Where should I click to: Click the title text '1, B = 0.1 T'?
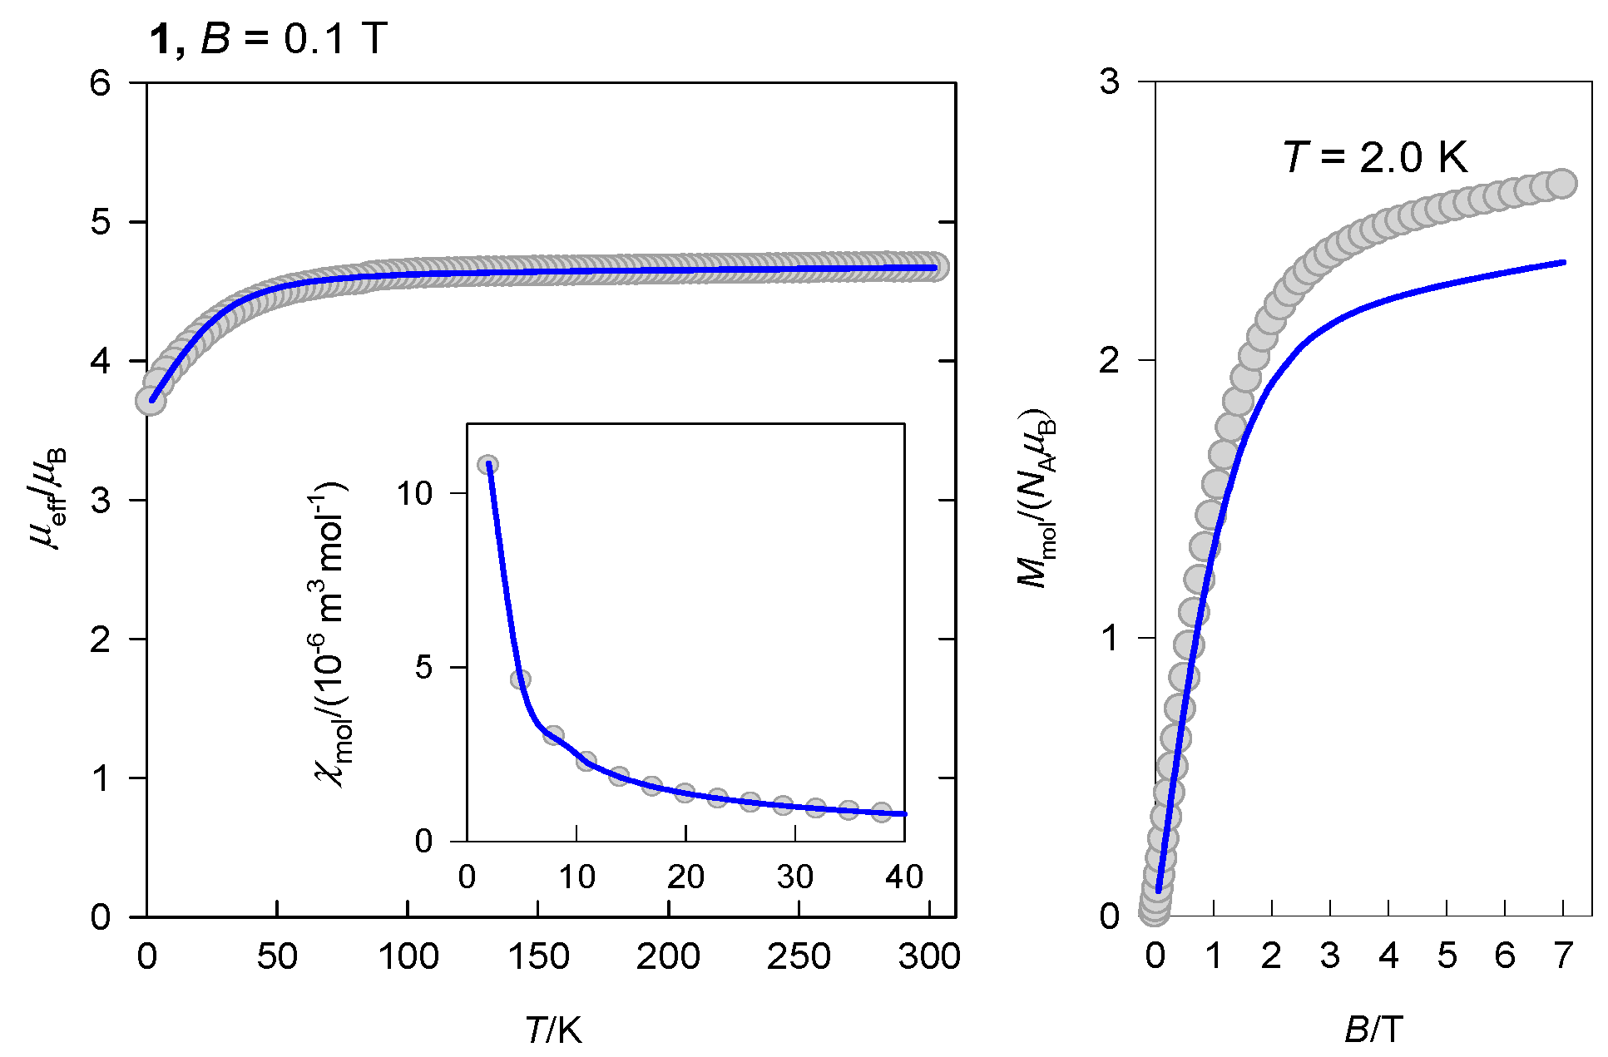pos(268,39)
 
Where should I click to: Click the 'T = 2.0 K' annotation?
pos(1375,157)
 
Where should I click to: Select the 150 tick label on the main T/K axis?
pos(537,956)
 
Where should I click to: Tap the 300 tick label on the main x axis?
pos(928,956)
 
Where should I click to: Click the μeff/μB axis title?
pos(48,499)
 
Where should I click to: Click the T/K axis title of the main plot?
pos(553,1030)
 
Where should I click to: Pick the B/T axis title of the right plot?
pos(1373,1030)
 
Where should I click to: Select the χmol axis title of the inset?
pos(331,632)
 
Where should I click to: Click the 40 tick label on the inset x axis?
pos(903,877)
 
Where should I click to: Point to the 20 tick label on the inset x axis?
pos(685,877)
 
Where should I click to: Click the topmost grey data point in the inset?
pos(488,465)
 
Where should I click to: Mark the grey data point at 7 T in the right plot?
pos(1562,184)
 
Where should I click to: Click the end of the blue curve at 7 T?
pos(1563,263)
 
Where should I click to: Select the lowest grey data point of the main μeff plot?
pos(151,401)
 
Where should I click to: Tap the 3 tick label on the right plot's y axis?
pos(1110,82)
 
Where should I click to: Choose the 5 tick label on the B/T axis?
pos(1447,956)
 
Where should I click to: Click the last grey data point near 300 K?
pos(936,266)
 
